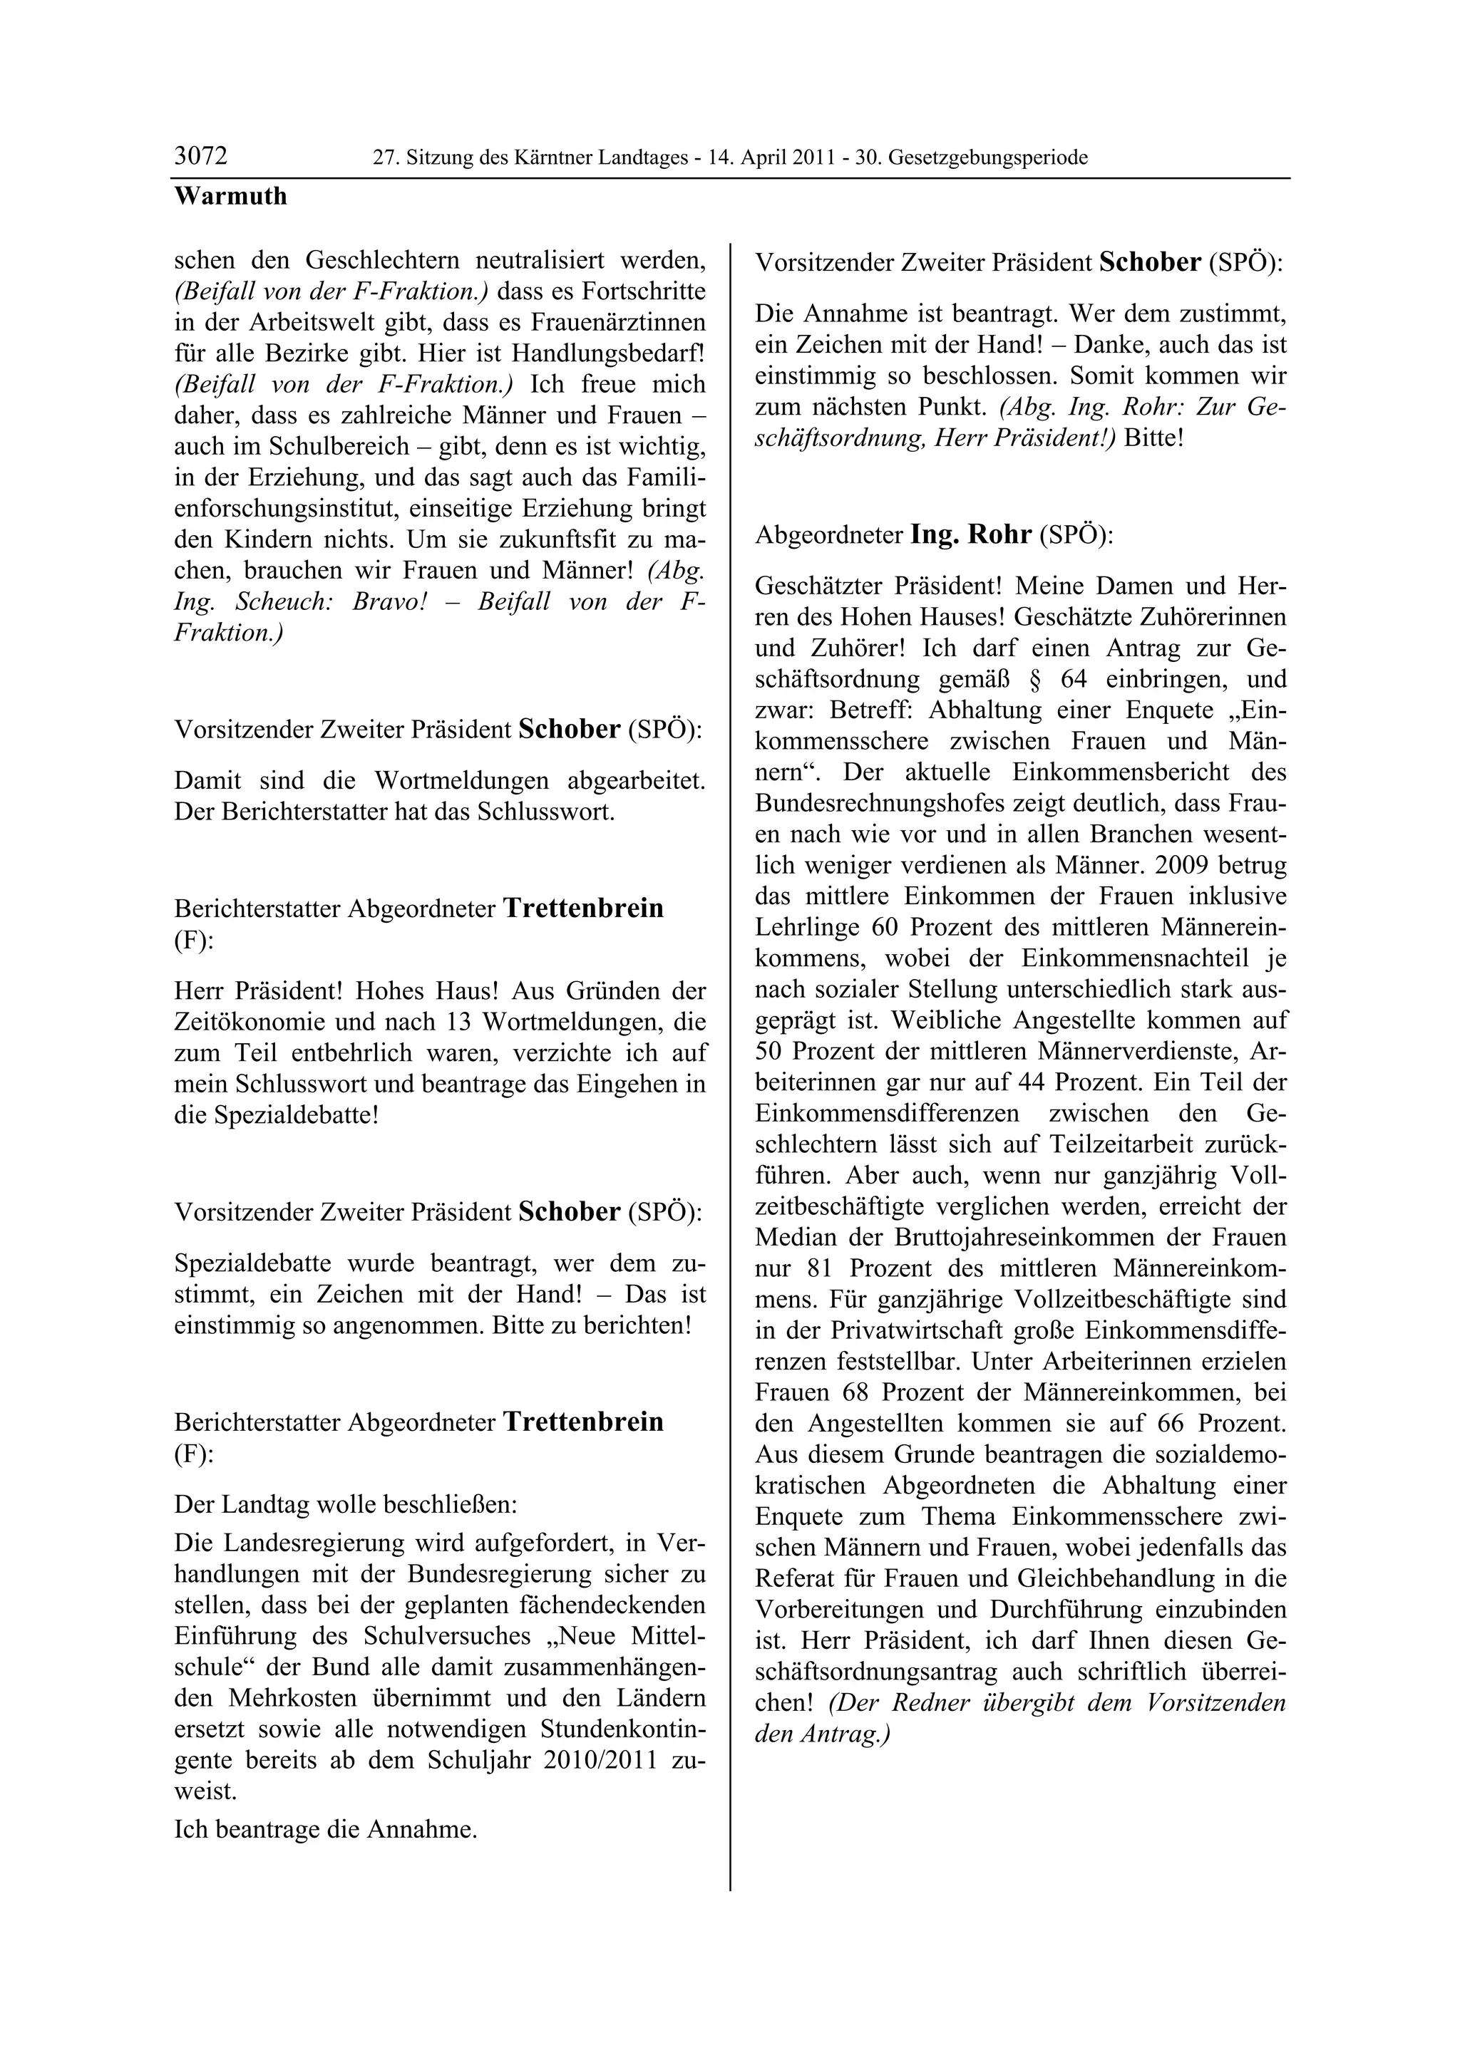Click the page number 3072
[x=200, y=157]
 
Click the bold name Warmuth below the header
[x=230, y=196]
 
